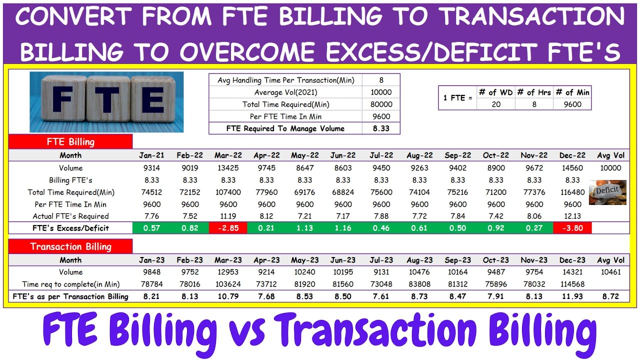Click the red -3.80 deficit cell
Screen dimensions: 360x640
coord(572,228)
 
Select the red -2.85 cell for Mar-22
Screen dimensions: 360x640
coord(228,228)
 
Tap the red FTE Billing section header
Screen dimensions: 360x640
coord(70,141)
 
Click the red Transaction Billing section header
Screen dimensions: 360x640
coord(70,246)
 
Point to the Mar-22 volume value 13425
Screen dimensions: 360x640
coord(228,168)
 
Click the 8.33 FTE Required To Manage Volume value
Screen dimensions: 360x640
coord(381,128)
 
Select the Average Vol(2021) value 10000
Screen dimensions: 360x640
coord(381,92)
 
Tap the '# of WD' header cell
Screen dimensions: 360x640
coord(495,92)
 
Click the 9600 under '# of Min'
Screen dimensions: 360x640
coord(572,104)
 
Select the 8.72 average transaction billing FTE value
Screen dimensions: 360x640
coord(610,296)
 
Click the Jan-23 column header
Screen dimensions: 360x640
coord(151,260)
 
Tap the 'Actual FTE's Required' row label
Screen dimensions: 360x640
coord(70,216)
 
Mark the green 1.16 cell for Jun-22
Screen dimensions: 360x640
coord(343,228)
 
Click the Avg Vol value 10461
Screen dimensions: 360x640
coord(610,272)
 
